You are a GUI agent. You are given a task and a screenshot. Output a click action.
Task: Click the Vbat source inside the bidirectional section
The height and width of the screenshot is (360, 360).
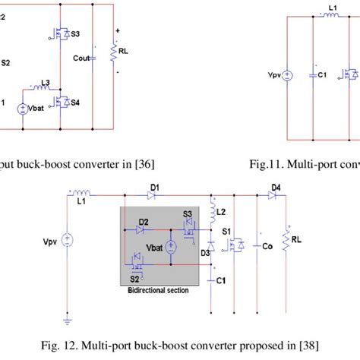click(171, 246)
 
